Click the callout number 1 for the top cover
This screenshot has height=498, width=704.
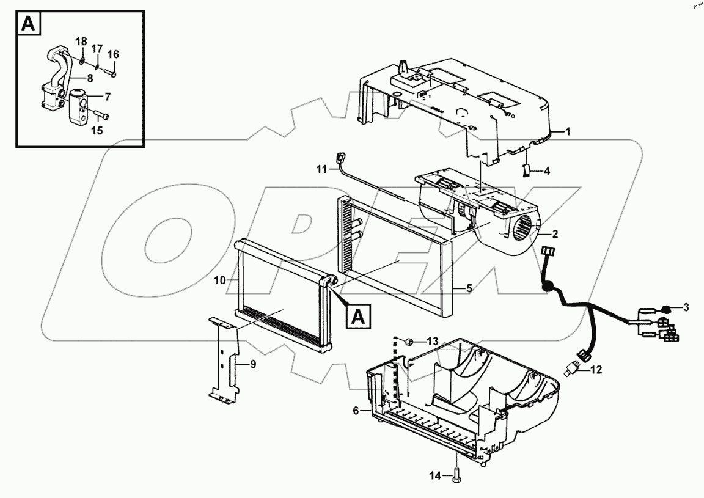click(568, 131)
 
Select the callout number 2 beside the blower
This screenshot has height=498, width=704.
click(554, 234)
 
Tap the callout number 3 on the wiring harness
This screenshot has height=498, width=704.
click(686, 307)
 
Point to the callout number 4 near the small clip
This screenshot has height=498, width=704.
click(547, 171)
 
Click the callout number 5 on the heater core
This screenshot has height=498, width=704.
click(469, 288)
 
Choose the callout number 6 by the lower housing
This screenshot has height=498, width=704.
click(356, 412)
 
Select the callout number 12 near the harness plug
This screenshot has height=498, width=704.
click(596, 369)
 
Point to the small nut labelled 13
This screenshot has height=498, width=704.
click(411, 340)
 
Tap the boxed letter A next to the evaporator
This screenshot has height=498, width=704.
click(359, 316)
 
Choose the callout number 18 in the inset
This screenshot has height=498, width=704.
click(81, 41)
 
